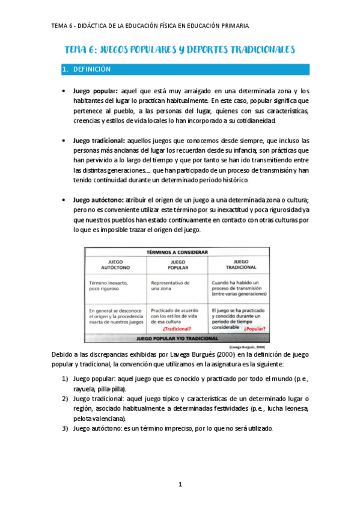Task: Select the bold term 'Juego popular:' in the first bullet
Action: pyautogui.click(x=95, y=90)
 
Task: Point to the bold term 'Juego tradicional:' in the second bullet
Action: pyautogui.click(x=100, y=140)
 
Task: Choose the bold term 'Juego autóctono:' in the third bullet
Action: pyautogui.click(x=99, y=199)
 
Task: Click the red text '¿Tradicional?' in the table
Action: pyautogui.click(x=177, y=329)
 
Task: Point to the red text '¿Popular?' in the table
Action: pyautogui.click(x=255, y=329)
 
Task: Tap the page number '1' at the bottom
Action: pyautogui.click(x=180, y=484)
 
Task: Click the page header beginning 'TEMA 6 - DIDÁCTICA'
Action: pyautogui.click(x=150, y=26)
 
